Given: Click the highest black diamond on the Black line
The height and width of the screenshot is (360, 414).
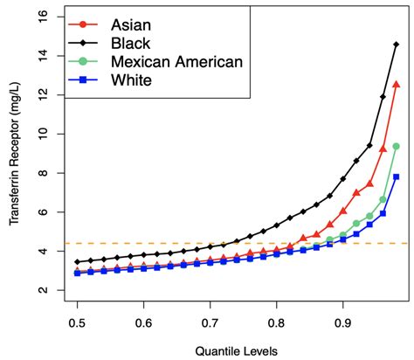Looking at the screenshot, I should pyautogui.click(x=397, y=45).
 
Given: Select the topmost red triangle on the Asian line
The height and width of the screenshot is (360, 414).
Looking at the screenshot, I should pyautogui.click(x=397, y=85).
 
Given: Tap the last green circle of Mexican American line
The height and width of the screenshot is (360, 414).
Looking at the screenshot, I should pyautogui.click(x=397, y=146).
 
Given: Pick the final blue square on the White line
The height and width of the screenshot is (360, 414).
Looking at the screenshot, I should pyautogui.click(x=397, y=177).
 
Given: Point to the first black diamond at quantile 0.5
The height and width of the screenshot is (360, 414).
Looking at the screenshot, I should pyautogui.click(x=78, y=261).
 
